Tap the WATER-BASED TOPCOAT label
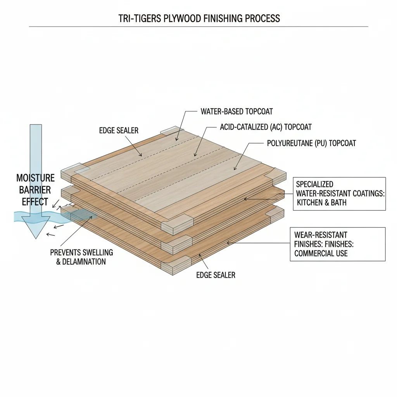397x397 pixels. coord(236,112)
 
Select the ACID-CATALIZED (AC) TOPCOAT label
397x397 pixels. coord(266,127)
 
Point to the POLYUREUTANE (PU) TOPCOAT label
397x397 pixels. coord(311,143)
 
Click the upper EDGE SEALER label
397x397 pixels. coord(119,131)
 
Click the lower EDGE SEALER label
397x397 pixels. coord(216,275)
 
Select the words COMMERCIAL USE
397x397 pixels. coord(321,254)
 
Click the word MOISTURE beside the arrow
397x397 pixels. coord(35,178)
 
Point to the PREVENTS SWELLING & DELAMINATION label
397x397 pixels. coord(81,257)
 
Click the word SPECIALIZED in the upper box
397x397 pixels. coord(314,184)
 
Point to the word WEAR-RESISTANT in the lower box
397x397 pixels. coord(321,235)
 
